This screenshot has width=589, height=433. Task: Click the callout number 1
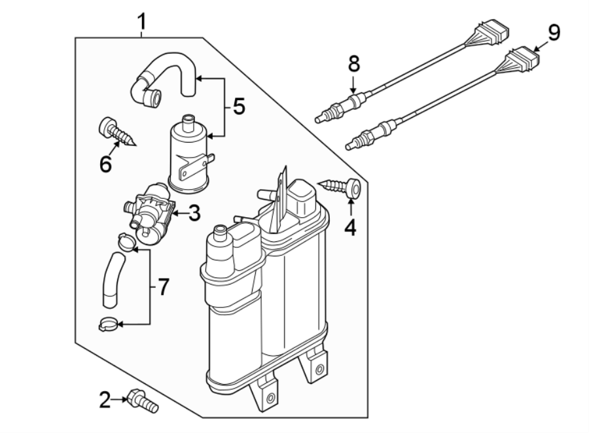coord(141,22)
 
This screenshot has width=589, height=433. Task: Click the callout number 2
coord(105,400)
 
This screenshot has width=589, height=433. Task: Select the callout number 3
coord(195,214)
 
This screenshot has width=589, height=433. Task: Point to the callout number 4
coord(351,228)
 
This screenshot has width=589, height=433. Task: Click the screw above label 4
coord(342,188)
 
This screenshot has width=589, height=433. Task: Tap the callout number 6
coord(105,164)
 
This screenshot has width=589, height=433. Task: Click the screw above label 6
coord(118,133)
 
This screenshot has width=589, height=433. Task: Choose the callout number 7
coord(162,286)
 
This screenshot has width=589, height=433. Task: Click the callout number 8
coord(353,63)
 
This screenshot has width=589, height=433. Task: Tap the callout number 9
coord(554,33)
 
